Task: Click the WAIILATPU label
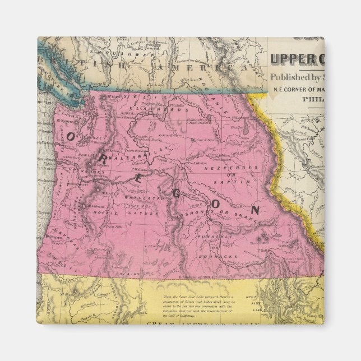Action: [141, 197]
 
